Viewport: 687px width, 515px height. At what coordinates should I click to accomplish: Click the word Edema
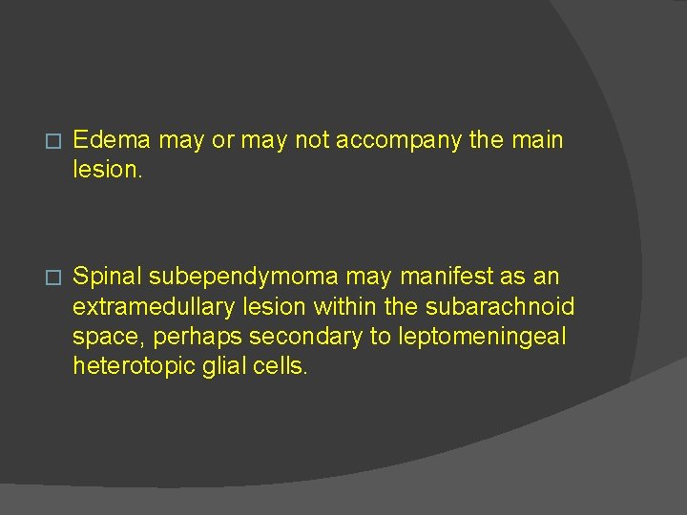(112, 140)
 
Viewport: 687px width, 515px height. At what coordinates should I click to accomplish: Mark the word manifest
(447, 277)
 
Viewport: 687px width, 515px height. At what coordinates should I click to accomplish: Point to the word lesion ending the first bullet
(105, 170)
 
